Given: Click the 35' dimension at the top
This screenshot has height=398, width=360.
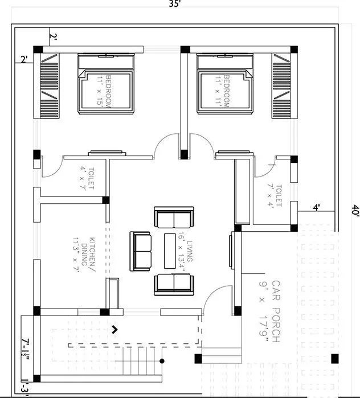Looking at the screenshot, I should (175, 4).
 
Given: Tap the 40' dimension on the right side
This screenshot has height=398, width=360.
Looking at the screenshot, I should (355, 210).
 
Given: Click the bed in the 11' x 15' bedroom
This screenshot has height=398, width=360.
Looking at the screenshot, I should (106, 90).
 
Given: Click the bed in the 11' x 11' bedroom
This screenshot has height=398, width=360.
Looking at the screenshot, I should (224, 90).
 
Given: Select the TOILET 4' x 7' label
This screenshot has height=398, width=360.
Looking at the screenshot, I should (87, 178).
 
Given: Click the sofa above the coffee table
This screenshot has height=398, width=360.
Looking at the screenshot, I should (174, 218).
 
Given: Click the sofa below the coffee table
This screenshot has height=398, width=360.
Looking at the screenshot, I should (174, 284).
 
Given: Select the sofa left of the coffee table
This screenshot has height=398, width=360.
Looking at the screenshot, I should (141, 251).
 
